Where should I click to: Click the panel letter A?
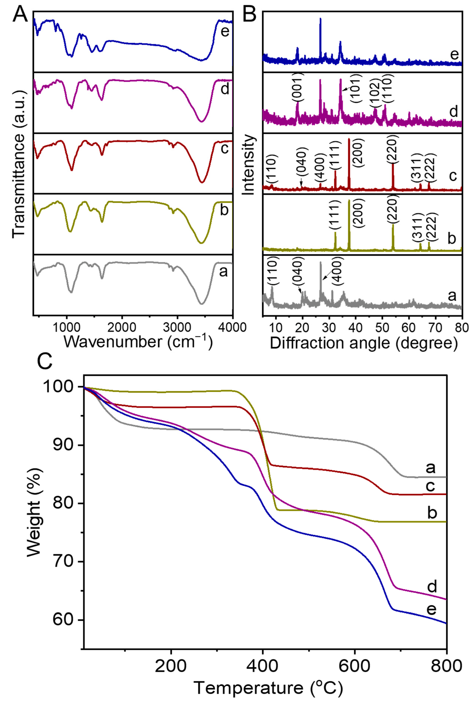coord(20,14)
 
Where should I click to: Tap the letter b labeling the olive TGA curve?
coord(432,513)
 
